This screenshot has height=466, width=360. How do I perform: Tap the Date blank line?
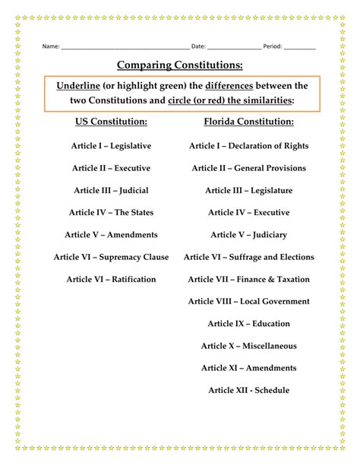coord(233,47)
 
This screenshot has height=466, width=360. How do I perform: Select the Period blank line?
coord(300,47)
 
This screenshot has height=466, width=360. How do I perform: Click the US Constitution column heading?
coord(111,122)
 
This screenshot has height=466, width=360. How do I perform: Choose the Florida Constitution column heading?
coord(248,122)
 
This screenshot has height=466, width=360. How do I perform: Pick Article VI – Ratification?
coord(111,279)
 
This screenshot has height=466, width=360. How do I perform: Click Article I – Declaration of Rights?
coord(248,146)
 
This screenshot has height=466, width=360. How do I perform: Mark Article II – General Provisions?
coord(248,168)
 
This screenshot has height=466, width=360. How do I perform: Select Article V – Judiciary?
coord(248,235)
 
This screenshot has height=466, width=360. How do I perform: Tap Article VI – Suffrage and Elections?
coord(248,257)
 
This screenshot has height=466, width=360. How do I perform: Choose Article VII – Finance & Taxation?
coord(248,279)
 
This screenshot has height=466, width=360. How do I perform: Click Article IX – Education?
coord(248,324)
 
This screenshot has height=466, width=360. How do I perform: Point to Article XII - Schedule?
coord(248,390)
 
